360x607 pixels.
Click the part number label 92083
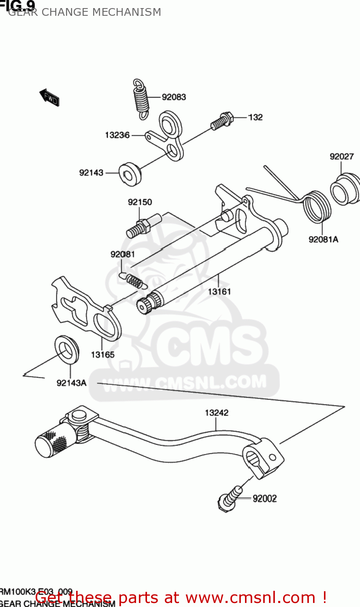174,97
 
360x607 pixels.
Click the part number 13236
117,135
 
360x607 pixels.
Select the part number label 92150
140,202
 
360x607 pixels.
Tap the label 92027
341,156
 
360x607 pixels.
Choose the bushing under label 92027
345,189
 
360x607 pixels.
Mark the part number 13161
219,291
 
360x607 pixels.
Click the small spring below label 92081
132,279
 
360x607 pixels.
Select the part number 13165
102,354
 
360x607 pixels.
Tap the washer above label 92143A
67,349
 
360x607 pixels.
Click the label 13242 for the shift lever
216,413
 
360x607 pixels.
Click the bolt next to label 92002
230,498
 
